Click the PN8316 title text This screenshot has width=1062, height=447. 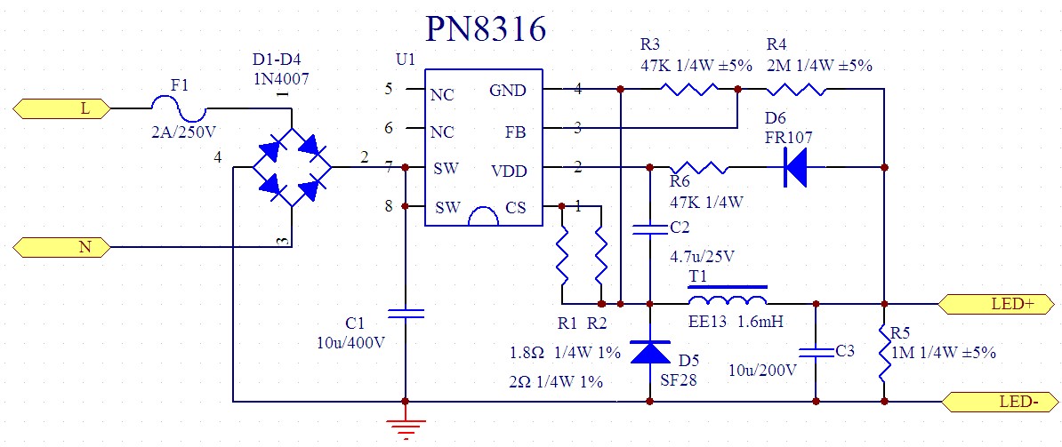(x=485, y=29)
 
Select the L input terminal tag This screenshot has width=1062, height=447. (x=61, y=108)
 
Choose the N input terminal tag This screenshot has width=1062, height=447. (x=61, y=247)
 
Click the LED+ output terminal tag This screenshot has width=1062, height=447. (x=1000, y=303)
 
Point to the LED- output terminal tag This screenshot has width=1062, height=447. (x=1000, y=401)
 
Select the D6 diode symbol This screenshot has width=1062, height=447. (x=795, y=167)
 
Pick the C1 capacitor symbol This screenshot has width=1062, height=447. (x=406, y=313)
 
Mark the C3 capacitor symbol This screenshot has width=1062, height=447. (x=816, y=350)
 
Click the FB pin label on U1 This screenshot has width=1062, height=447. (x=514, y=132)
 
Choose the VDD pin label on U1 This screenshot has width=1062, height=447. (x=508, y=170)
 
